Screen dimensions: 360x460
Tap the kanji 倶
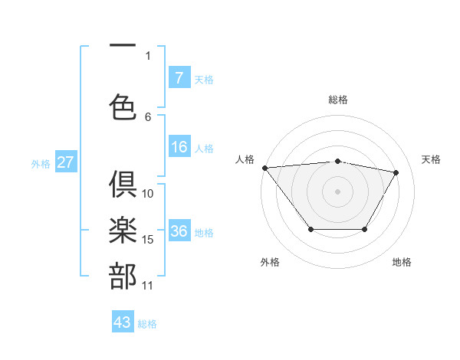pyautogui.click(x=123, y=185)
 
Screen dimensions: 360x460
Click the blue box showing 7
pyautogui.click(x=179, y=78)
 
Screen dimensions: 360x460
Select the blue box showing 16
pyautogui.click(x=179, y=148)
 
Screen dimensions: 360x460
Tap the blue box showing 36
pyautogui.click(x=179, y=232)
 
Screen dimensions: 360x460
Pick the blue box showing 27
pyautogui.click(x=65, y=162)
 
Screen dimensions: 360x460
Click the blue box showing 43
pyautogui.click(x=123, y=322)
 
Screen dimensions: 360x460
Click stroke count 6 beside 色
pyautogui.click(x=148, y=117)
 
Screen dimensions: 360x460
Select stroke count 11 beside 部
pyautogui.click(x=148, y=286)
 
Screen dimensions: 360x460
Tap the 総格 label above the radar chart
pyautogui.click(x=337, y=100)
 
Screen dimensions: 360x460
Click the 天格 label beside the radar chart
pyautogui.click(x=432, y=159)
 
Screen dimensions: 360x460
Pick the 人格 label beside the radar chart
pyautogui.click(x=245, y=159)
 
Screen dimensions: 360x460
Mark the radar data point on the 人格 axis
pyautogui.click(x=264, y=168)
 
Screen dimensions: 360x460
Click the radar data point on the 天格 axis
pyautogui.click(x=396, y=172)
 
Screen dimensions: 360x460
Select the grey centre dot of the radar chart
pyautogui.click(x=337, y=191)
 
